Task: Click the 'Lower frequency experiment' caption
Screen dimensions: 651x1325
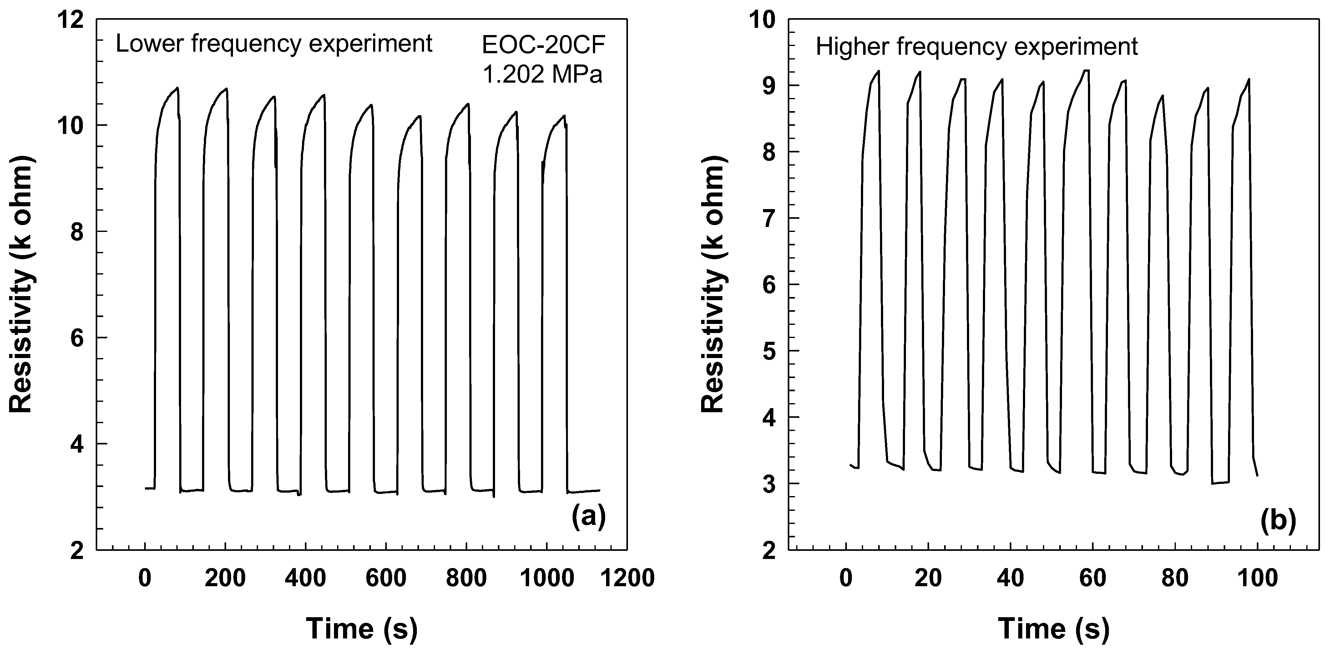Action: (274, 44)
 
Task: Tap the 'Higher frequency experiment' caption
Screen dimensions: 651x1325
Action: (976, 47)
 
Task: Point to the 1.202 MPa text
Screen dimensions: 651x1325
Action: (543, 75)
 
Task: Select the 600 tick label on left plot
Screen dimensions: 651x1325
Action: (386, 578)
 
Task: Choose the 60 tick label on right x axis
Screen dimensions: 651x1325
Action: (1093, 578)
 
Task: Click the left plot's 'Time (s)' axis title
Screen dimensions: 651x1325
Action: (362, 628)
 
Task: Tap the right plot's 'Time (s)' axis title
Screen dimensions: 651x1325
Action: (1054, 628)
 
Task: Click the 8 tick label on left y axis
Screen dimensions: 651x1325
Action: (77, 232)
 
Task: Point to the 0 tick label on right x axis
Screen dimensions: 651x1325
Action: (846, 578)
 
